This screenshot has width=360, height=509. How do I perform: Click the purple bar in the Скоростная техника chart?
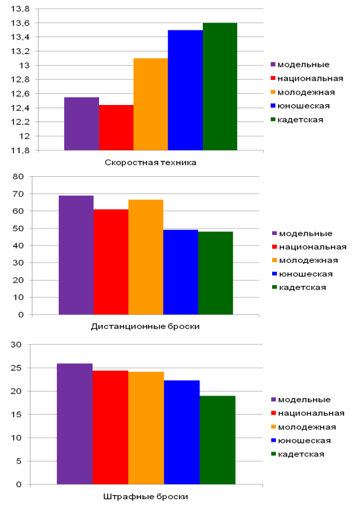click(x=81, y=123)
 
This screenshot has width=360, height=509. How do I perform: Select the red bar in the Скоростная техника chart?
click(x=116, y=127)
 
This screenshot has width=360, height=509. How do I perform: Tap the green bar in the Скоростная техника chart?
click(x=220, y=86)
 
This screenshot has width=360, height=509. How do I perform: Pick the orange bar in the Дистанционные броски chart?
click(x=146, y=257)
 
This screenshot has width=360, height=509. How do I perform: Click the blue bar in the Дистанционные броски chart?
click(x=180, y=272)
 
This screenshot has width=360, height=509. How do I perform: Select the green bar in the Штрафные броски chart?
click(x=217, y=440)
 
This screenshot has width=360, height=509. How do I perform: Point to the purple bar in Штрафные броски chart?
click(x=75, y=424)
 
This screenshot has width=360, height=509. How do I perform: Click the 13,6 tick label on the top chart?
click(x=20, y=23)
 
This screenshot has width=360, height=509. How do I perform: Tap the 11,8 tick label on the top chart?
click(x=20, y=151)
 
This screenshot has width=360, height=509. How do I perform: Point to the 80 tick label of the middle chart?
click(x=18, y=176)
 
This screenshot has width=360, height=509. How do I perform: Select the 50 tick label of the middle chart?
click(x=18, y=228)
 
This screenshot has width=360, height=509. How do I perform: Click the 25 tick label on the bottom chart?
click(x=16, y=368)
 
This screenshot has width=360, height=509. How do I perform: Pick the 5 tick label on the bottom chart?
click(x=19, y=461)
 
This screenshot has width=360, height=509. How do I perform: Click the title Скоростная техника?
click(x=151, y=162)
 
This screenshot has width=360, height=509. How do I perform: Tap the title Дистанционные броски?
click(x=145, y=326)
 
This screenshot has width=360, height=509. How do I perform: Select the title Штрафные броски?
click(x=145, y=496)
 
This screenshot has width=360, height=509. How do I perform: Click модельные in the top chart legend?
click(x=303, y=65)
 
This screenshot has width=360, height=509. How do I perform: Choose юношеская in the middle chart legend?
click(x=306, y=274)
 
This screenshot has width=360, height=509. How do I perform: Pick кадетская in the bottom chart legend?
click(x=301, y=454)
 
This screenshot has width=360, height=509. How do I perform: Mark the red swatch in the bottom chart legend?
click(x=273, y=413)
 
